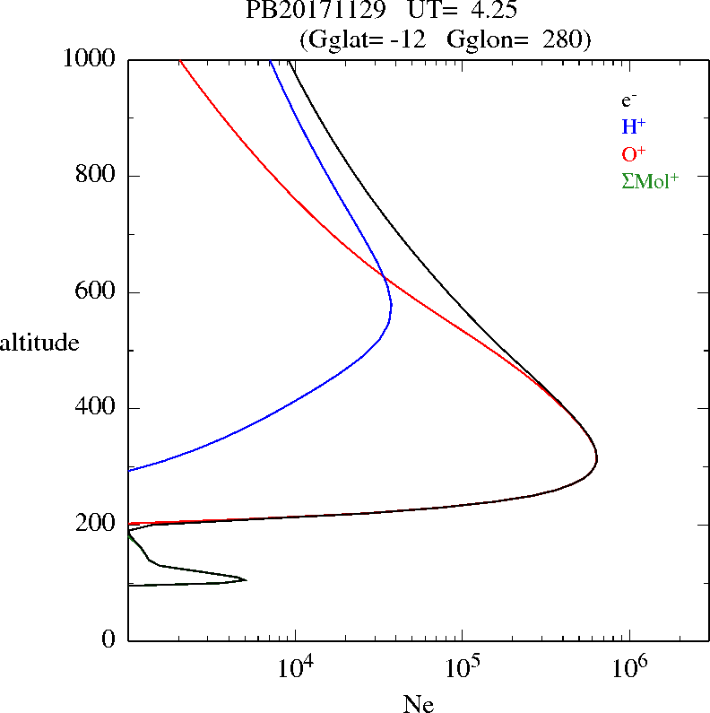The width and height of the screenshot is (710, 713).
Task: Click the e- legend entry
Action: click(629, 100)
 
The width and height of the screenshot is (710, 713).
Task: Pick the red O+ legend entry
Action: click(633, 153)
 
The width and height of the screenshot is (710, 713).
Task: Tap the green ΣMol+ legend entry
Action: click(650, 180)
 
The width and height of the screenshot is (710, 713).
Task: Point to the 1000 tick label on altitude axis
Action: click(90, 59)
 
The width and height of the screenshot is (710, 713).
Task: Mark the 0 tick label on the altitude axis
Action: click(109, 640)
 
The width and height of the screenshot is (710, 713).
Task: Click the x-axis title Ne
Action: click(418, 705)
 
